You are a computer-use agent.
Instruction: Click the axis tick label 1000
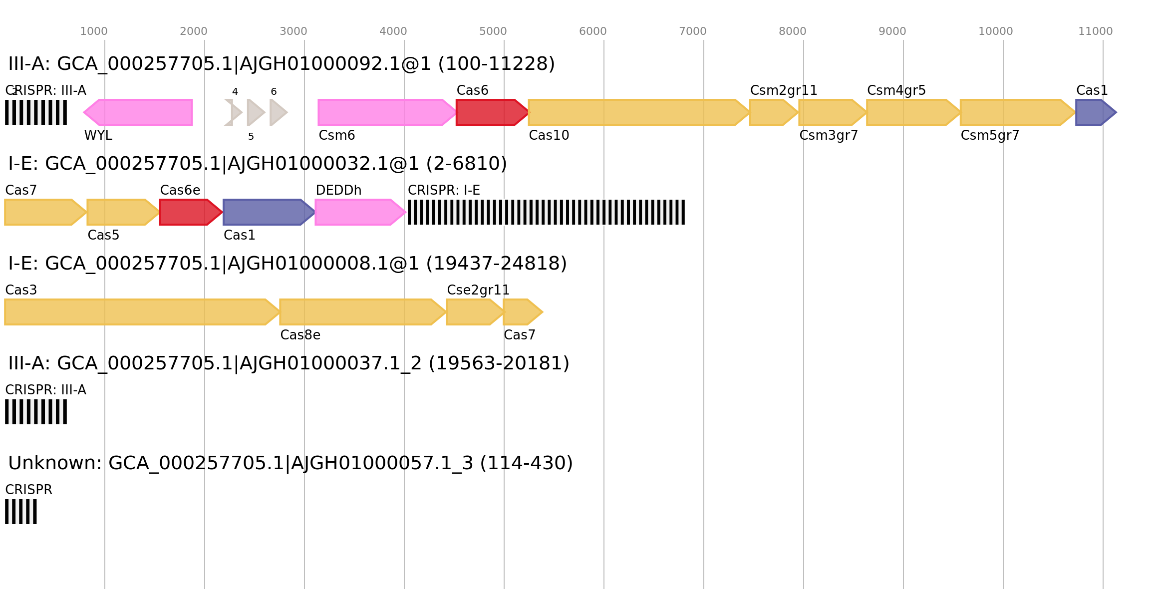[x=94, y=31]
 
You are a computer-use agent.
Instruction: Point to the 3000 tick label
[x=293, y=31]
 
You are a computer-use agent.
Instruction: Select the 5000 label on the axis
[x=493, y=31]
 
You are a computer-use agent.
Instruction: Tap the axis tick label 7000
[x=692, y=31]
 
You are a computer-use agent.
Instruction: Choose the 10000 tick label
[x=995, y=31]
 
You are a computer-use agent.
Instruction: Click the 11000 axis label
[x=1095, y=31]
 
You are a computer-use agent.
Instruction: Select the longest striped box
[x=546, y=212]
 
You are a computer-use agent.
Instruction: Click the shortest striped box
[x=21, y=512]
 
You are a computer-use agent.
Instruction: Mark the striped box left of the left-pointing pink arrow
[x=36, y=112]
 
